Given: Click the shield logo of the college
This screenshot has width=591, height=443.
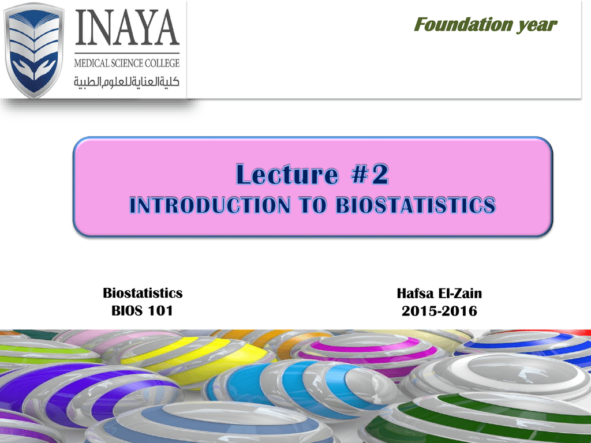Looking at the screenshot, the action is coord(34,50).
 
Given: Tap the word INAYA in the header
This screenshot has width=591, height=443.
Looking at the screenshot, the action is coord(127,28).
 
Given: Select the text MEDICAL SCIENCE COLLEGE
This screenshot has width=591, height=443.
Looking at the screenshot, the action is coord(126,63).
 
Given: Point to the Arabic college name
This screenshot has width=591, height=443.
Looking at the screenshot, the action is coord(126,81).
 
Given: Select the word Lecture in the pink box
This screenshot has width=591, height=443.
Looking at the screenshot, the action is coord(287,174).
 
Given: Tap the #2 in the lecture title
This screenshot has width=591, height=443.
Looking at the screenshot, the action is coord(370,174).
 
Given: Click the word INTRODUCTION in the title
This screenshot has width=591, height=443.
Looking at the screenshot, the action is coord(210,205).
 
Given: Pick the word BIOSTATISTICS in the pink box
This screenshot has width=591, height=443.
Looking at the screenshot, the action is coord(416,205).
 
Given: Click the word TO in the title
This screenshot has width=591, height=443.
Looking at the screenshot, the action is coord(313,205).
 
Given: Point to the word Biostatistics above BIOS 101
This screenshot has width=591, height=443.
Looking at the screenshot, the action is coord(143,293).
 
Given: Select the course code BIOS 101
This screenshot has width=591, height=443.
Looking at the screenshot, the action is coord(142,311).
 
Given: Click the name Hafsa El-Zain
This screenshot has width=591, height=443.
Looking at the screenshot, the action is coord(439,294).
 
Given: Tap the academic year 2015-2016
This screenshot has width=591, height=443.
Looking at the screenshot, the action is coord(439,311).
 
